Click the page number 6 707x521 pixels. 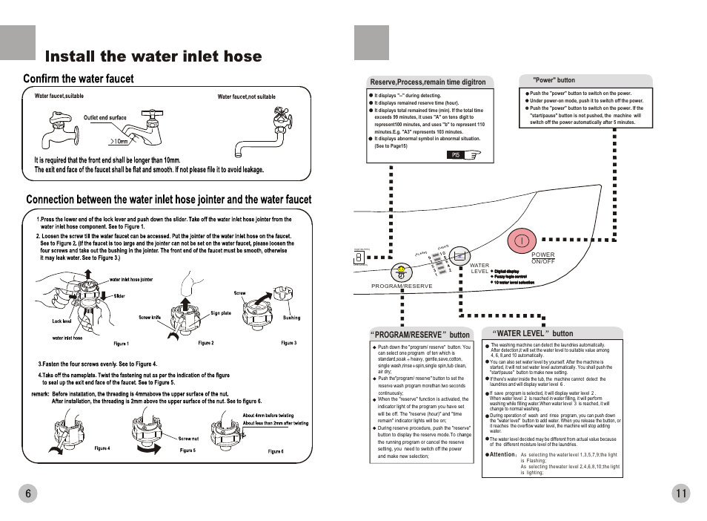pos(27,494)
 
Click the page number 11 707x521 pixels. pos(682,494)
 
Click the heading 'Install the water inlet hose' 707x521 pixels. pos(153,56)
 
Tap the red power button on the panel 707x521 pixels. pos(522,240)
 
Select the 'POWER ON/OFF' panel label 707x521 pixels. pos(543,258)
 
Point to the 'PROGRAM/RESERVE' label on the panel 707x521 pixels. pos(402,286)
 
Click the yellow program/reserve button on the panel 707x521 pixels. pos(401,271)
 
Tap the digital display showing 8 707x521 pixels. pos(359,257)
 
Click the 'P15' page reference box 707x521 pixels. pos(457,155)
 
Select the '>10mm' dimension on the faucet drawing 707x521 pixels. pos(119,141)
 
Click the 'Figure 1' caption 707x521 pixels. pos(121,344)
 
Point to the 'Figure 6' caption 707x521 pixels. pos(276,451)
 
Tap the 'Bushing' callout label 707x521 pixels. pos(291,318)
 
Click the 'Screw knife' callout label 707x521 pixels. pos(150,318)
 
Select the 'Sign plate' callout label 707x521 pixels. pos(221,313)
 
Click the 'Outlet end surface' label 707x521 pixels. pos(104,117)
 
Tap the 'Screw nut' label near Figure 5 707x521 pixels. pos(188,439)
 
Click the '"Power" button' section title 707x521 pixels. pos(554,80)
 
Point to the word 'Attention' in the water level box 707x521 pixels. pos(502,453)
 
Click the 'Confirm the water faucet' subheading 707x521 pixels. pos(79,79)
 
